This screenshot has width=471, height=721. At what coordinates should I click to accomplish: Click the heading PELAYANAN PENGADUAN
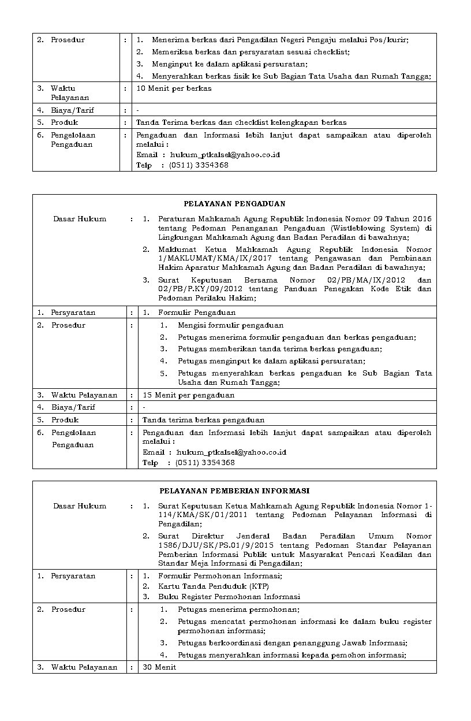click(x=234, y=204)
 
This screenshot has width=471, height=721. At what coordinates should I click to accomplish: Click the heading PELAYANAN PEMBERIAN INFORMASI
click(x=234, y=491)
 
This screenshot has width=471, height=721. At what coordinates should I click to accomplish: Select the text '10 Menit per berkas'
click(x=174, y=88)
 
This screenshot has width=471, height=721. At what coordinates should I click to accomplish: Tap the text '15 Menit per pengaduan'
click(x=188, y=395)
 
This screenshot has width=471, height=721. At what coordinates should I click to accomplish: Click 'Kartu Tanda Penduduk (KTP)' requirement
click(x=210, y=586)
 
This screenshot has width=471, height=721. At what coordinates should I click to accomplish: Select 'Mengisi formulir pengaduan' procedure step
click(x=230, y=325)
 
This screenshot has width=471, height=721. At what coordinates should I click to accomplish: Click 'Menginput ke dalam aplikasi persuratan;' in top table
click(x=222, y=64)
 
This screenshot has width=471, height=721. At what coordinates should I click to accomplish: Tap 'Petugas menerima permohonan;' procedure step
click(x=238, y=609)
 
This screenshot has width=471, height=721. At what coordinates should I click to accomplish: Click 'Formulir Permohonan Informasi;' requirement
click(x=220, y=576)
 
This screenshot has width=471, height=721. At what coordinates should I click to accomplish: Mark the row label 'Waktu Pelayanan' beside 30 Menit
click(x=84, y=667)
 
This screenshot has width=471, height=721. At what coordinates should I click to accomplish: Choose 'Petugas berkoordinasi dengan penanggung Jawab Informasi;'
click(x=293, y=643)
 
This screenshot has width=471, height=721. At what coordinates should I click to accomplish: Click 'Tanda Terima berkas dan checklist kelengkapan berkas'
click(x=241, y=122)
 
